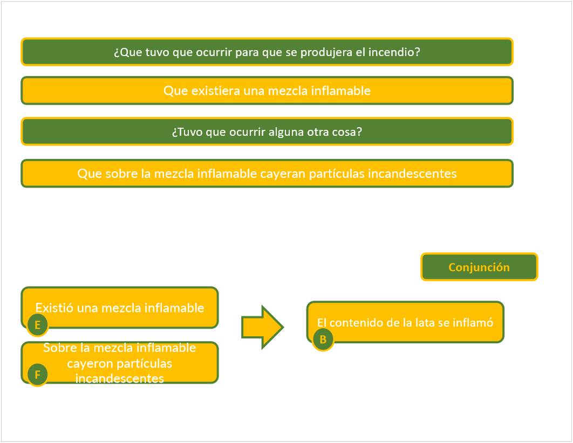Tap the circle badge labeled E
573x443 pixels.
tap(38, 325)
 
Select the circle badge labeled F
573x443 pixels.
tap(37, 375)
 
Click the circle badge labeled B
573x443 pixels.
tap(323, 340)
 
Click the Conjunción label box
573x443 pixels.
tap(479, 267)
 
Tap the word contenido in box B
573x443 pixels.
tap(353, 322)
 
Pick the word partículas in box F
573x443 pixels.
tap(147, 363)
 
